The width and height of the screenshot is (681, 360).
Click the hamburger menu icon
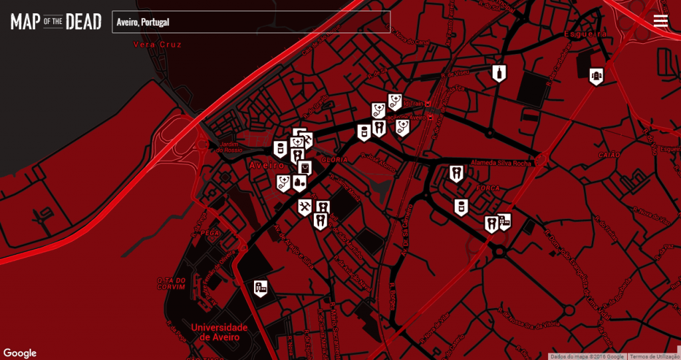coord(660,21)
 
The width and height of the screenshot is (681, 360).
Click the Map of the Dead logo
coord(56,22)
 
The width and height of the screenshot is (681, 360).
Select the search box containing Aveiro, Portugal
coord(251,22)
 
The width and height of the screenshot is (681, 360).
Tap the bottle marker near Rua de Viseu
coord(499,73)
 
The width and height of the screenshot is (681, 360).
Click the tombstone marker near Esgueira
coord(597,76)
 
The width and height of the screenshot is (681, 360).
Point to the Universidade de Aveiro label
coord(219,332)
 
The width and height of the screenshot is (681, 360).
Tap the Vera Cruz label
coord(157,45)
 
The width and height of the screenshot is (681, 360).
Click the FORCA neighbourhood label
coord(487,188)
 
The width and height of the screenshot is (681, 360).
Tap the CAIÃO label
coord(609,155)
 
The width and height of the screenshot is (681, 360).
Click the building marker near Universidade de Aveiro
coord(261,287)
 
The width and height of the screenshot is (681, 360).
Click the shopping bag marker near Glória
coord(305,167)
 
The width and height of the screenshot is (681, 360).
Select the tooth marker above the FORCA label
coord(456,174)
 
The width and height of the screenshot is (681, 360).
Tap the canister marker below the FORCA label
coord(460,207)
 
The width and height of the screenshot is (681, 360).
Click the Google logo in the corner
coord(20,353)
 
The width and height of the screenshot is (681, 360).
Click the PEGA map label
coord(209,233)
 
